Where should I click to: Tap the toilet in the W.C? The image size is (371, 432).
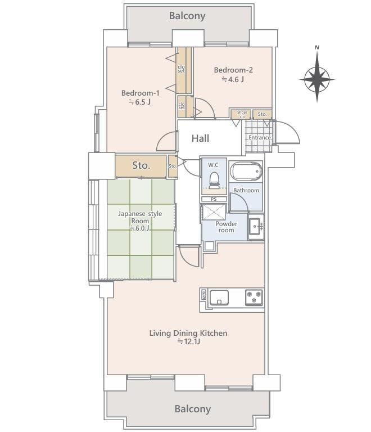pos(214,181)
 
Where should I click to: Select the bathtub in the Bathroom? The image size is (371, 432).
pos(246,171)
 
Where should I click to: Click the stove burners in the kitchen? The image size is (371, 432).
pos(254,297)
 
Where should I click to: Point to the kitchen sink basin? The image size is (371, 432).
pos(219,298)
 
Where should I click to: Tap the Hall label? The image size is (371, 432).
pos(200,138)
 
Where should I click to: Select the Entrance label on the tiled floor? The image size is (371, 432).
pos(260,137)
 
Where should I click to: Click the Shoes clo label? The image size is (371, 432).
pos(242,114)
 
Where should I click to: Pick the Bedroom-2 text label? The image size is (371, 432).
pos(233,70)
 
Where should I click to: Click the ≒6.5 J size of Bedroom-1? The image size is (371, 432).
pos(140,102)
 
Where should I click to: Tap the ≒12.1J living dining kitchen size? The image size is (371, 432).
pos(188,342)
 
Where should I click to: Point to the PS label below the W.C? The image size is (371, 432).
pos(214,199)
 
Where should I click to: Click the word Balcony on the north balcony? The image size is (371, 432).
pos(187,16)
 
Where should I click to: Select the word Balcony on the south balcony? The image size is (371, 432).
pos(193,409)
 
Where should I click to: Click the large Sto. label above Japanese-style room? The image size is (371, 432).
pos(141,165)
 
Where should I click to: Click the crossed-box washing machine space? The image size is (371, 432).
pos(214,212)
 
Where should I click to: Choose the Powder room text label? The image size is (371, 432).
pos(226,227)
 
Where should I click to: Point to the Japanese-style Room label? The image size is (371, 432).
pos(140,217)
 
